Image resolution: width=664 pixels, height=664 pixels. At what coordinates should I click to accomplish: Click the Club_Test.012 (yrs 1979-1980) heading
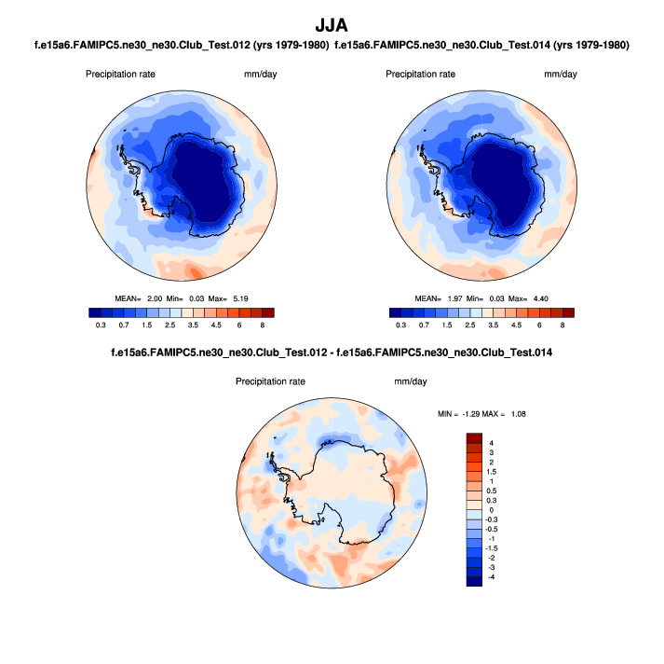pos(186,45)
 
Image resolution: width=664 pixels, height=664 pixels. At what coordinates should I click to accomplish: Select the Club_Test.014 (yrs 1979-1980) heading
pos(481,45)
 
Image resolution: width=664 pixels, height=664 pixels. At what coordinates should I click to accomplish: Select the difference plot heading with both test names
pos(332,353)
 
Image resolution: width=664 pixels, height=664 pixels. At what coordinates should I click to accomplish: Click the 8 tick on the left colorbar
pos(263,325)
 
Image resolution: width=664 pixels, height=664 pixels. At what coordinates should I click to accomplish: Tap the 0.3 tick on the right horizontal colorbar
pos(401,325)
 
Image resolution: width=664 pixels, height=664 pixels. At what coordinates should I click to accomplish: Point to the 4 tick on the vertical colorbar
pos(492,442)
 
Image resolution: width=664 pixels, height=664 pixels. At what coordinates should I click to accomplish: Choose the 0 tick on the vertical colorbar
pos(492,510)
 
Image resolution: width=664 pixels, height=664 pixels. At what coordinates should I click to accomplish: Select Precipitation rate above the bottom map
pos(270,381)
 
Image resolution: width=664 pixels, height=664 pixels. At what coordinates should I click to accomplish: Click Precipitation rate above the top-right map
pos(420,74)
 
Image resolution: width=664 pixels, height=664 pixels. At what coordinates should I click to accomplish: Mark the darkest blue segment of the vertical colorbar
pos(474,581)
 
